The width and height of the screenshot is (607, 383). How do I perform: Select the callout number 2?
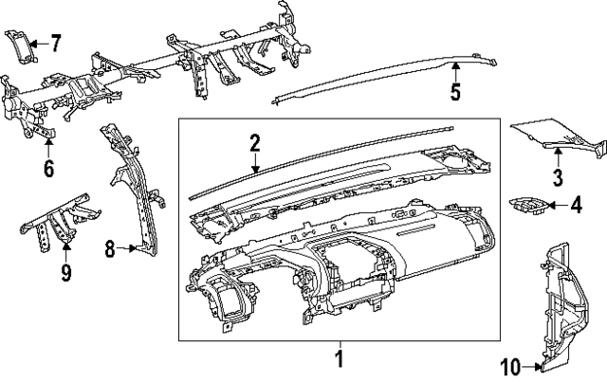[x=254, y=143]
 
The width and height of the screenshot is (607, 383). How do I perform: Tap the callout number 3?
[x=558, y=176]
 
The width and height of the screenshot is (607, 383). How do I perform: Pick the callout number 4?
[x=575, y=204]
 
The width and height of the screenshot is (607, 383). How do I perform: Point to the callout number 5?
[x=455, y=92]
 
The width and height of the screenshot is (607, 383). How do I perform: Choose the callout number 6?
[x=48, y=169]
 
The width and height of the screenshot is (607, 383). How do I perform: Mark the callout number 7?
[x=55, y=43]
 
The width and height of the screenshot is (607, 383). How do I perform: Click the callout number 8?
[x=110, y=249]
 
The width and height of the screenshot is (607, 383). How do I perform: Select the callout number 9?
[x=65, y=273]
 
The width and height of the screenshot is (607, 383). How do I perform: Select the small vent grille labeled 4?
[x=526, y=205]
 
